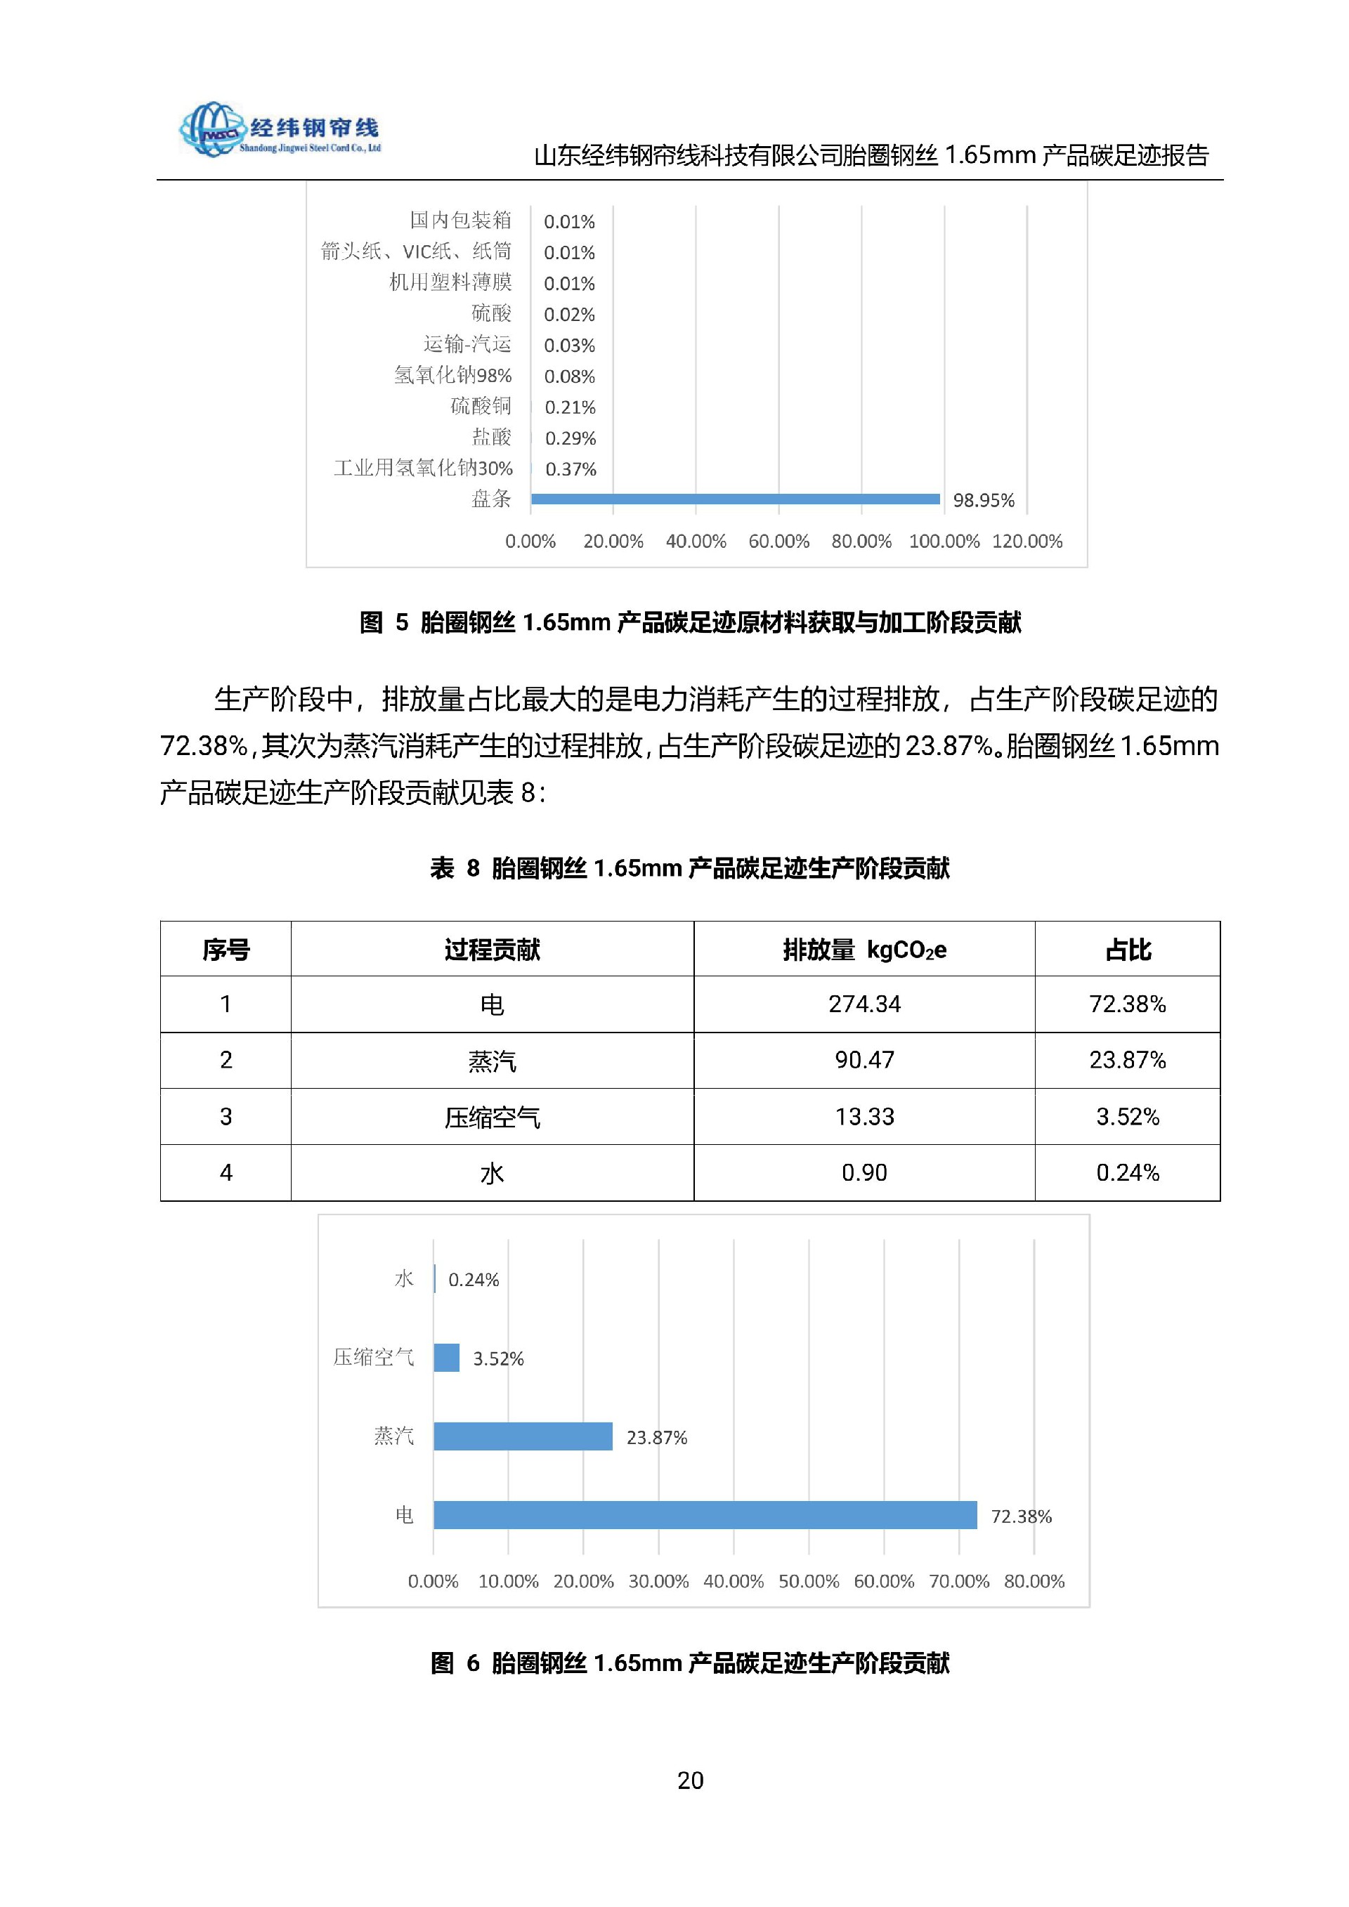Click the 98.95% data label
(984, 500)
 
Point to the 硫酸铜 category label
(481, 406)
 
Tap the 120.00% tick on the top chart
(1027, 542)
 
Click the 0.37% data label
(571, 469)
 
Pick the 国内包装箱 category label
(460, 220)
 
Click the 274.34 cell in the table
(864, 1004)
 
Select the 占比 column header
(1127, 950)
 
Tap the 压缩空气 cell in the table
(492, 1117)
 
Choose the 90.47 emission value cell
(864, 1061)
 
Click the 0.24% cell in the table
(1127, 1173)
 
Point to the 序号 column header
(226, 950)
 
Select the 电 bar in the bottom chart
(705, 1515)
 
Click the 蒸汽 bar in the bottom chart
(523, 1436)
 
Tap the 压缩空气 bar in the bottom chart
(447, 1358)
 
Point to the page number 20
(690, 1780)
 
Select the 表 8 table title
(689, 869)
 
